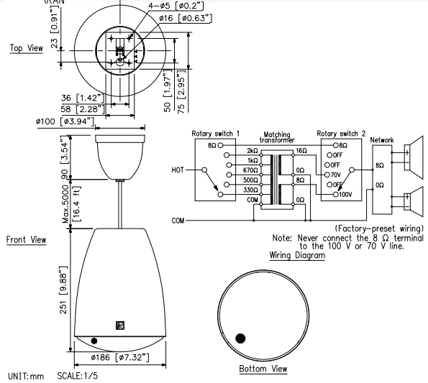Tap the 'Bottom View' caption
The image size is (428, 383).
click(x=263, y=369)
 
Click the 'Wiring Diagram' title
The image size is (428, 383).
click(x=296, y=255)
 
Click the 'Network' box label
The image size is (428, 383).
click(x=382, y=141)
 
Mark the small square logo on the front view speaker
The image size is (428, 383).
click(x=119, y=325)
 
